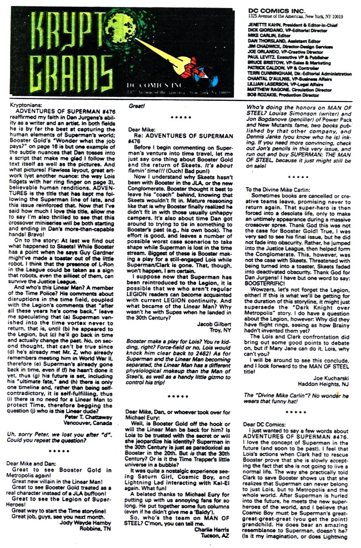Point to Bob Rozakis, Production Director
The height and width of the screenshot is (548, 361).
261,96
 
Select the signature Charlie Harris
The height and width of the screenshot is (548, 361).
212,529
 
